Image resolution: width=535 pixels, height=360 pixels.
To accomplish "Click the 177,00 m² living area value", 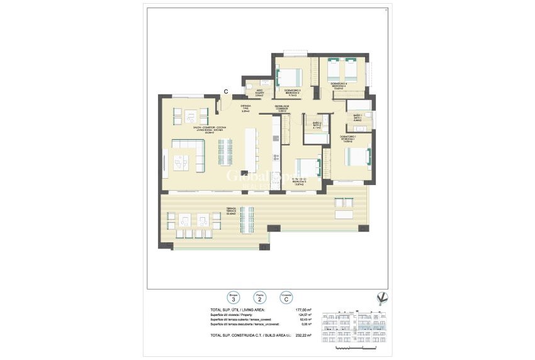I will [x=303, y=310].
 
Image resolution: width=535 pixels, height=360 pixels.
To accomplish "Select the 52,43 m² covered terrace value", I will [x=305, y=320].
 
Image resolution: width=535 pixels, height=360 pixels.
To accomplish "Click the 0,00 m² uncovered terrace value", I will [x=305, y=325].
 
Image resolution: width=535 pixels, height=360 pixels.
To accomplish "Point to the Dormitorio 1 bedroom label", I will [x=347, y=139].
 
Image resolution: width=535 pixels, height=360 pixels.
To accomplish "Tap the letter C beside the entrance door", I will [x=226, y=92].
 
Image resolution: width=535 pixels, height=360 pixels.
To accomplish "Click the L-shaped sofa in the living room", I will [x=187, y=155].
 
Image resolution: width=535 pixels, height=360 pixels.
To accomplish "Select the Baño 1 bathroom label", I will [x=357, y=116].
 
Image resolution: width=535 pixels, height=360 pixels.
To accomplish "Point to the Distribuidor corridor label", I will [x=282, y=109].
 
